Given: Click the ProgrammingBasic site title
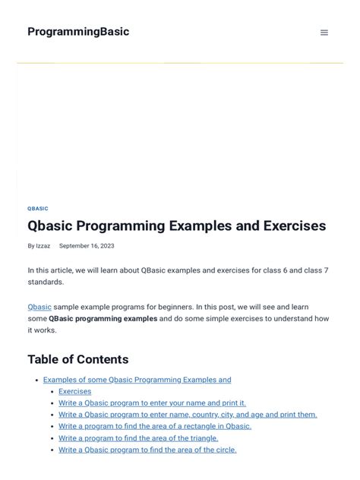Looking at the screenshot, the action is click(78, 32).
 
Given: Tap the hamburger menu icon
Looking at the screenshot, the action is click(324, 33).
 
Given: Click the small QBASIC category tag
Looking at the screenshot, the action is click(38, 208).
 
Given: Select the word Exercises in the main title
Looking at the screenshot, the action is click(292, 226).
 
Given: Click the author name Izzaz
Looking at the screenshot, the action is click(43, 246).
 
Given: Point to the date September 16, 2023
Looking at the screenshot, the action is click(87, 246).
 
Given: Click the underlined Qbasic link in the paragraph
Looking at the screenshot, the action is click(39, 307).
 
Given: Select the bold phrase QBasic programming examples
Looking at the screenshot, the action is click(103, 319).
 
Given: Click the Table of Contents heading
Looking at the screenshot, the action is click(78, 359).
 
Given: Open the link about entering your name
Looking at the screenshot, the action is click(152, 403).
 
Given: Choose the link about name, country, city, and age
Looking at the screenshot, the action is click(188, 415).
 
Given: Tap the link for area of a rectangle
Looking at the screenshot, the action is click(155, 426).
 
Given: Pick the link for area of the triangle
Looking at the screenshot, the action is click(138, 438).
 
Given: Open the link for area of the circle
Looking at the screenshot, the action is click(147, 450).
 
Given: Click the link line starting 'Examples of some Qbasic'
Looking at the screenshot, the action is click(137, 380).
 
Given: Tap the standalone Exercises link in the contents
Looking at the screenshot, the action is click(74, 391).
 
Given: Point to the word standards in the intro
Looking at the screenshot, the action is click(46, 282).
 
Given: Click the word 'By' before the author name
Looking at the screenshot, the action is click(31, 246).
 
